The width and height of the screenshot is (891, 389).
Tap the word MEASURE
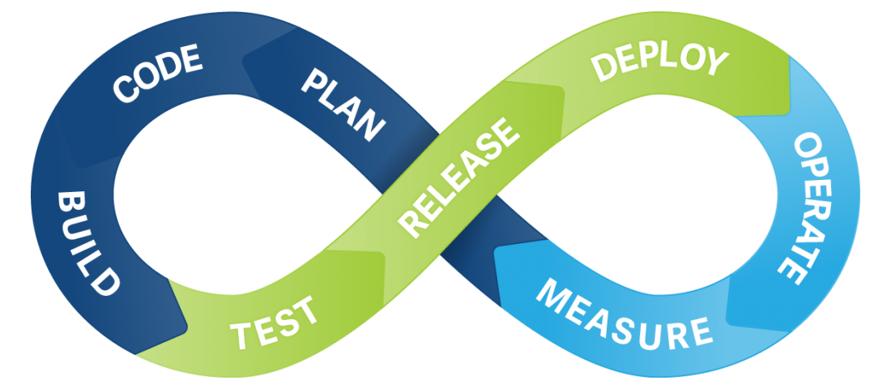625,312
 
